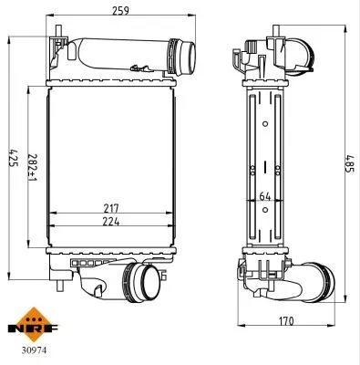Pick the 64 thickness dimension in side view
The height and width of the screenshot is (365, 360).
click(265, 194)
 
